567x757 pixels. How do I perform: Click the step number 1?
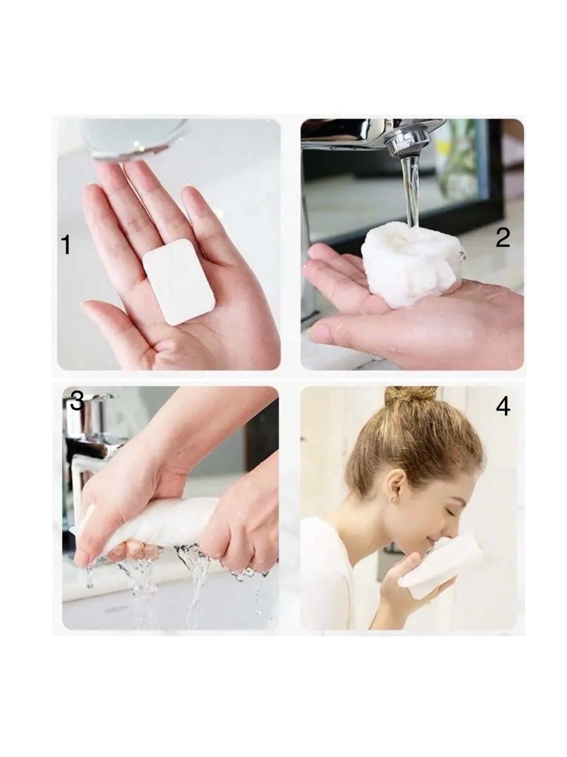(66, 244)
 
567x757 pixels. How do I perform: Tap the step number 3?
(77, 400)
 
